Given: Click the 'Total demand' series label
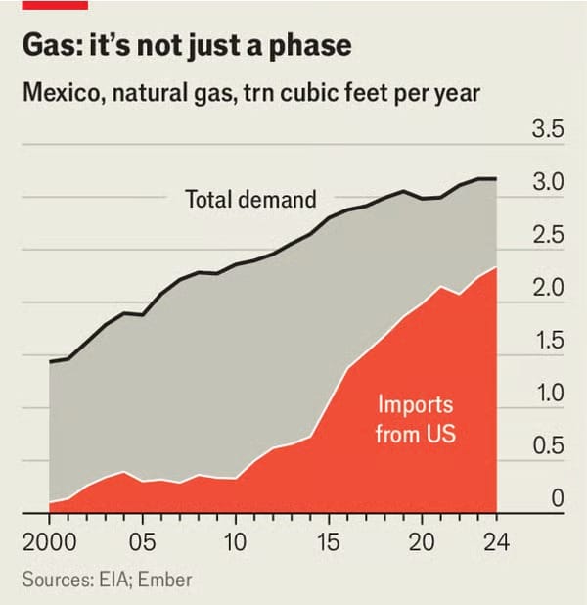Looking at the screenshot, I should [x=250, y=200].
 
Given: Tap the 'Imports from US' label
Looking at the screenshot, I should [x=415, y=418].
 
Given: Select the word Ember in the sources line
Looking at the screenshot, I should [x=165, y=580].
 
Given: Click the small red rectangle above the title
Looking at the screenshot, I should [x=55, y=4].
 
